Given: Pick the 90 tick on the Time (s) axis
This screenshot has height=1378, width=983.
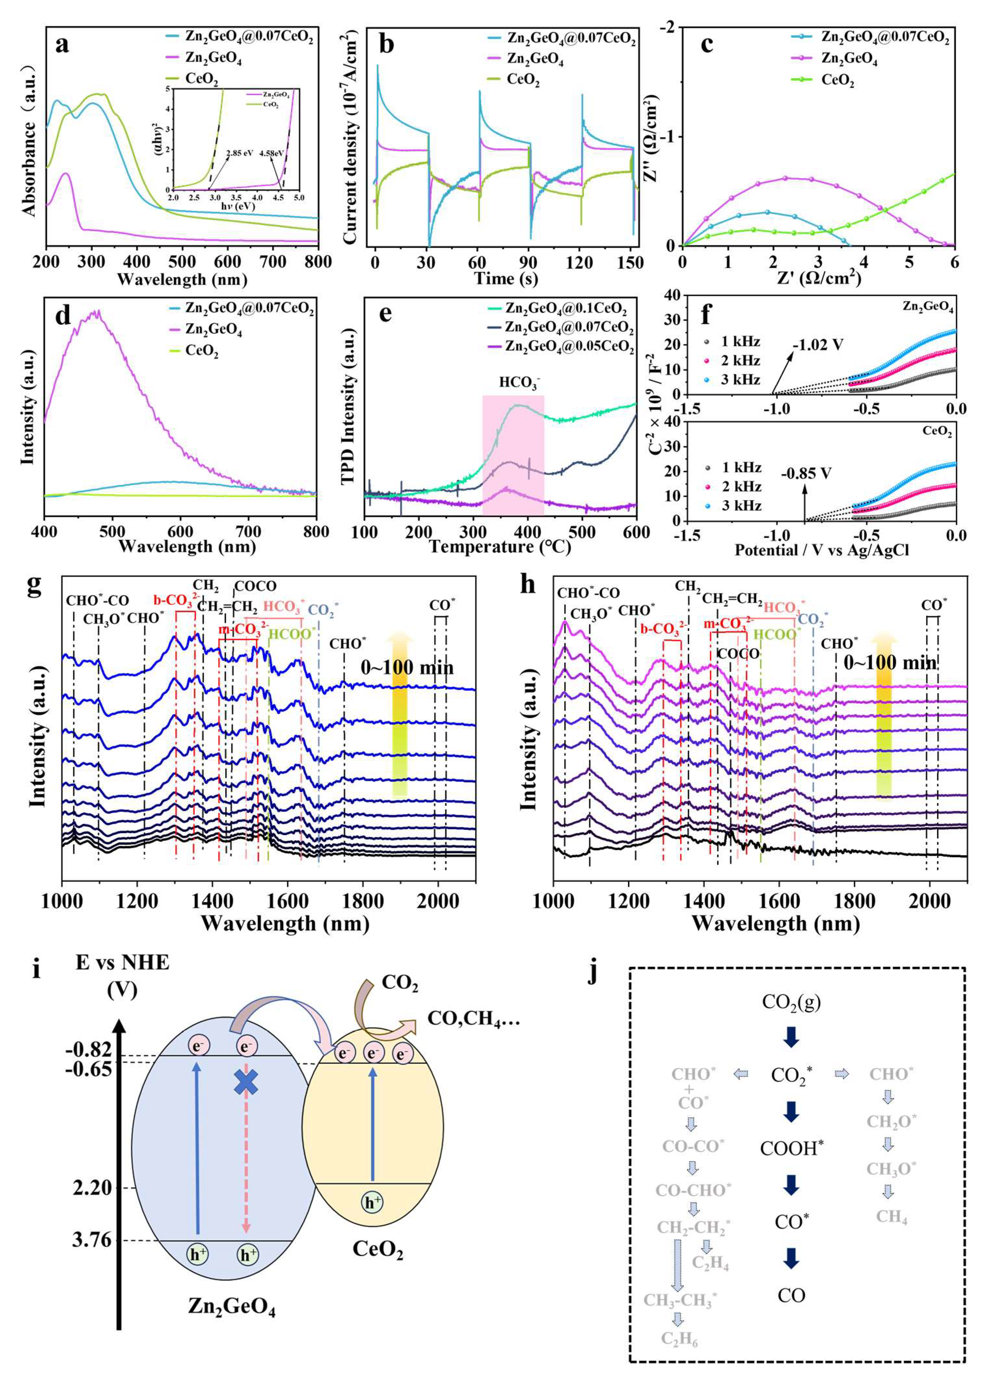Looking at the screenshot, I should (x=529, y=262).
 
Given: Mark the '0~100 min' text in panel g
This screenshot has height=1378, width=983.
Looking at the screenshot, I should (x=407, y=667).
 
